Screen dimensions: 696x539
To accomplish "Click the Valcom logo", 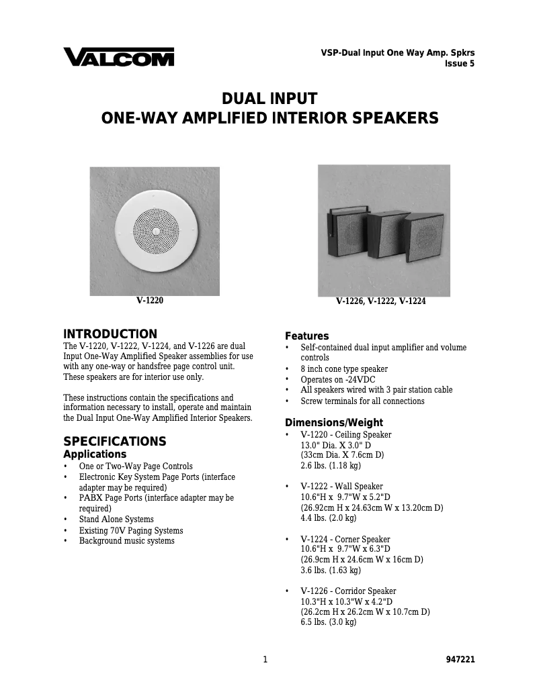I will click(x=118, y=57).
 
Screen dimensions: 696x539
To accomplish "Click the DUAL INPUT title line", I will click(x=269, y=98).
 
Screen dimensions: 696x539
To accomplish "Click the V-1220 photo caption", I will click(x=149, y=301).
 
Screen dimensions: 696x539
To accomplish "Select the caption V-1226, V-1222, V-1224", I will click(x=380, y=302).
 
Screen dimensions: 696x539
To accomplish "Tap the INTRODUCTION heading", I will click(x=110, y=334).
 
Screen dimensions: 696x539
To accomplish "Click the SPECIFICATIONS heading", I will click(x=114, y=442).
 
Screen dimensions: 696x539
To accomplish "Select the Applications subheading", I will click(x=95, y=454).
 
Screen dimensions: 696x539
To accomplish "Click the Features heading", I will click(x=307, y=336).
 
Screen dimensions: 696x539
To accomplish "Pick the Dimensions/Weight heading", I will click(x=334, y=423).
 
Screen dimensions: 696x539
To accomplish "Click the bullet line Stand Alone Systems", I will click(x=116, y=519).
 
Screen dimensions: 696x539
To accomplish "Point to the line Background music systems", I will click(x=126, y=541).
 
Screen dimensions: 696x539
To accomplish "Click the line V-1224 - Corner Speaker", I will click(x=345, y=540).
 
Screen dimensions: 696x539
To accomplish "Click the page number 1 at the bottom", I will click(x=265, y=660).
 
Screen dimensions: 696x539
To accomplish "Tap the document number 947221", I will click(x=460, y=660).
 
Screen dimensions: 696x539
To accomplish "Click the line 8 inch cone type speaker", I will click(x=343, y=369).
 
